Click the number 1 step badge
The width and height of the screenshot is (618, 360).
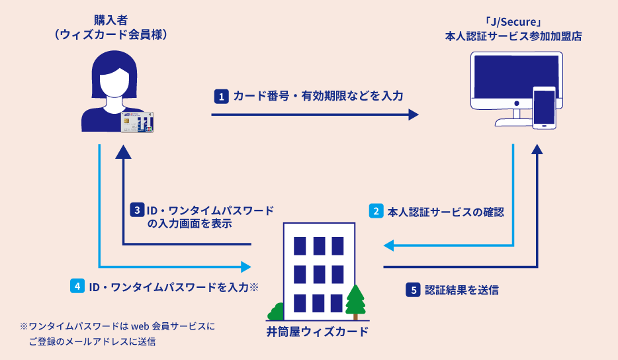click(x=221, y=96)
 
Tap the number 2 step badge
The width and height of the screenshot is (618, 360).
click(x=376, y=212)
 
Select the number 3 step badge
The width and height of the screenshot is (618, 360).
click(x=136, y=211)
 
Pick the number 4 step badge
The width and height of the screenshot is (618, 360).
click(x=77, y=287)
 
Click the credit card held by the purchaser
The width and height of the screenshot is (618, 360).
click(x=135, y=122)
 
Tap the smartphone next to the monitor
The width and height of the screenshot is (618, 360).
click(x=544, y=107)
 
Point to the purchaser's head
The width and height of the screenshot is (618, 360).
click(x=110, y=75)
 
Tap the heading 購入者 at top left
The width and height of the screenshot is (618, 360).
click(x=110, y=20)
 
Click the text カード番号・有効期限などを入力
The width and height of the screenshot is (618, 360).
click(x=318, y=96)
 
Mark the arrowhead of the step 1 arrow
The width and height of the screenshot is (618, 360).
click(x=414, y=114)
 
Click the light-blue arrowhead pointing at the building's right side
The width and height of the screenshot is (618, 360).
click(x=389, y=246)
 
